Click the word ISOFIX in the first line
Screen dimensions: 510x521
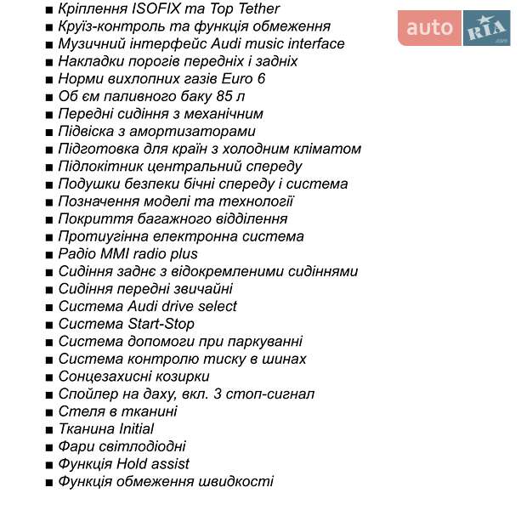tap(161, 9)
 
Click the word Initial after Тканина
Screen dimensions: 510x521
tap(131, 429)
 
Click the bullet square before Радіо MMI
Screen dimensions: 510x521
tap(49, 254)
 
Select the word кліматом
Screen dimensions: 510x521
tap(329, 149)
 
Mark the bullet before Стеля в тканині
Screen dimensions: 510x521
tap(49, 412)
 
